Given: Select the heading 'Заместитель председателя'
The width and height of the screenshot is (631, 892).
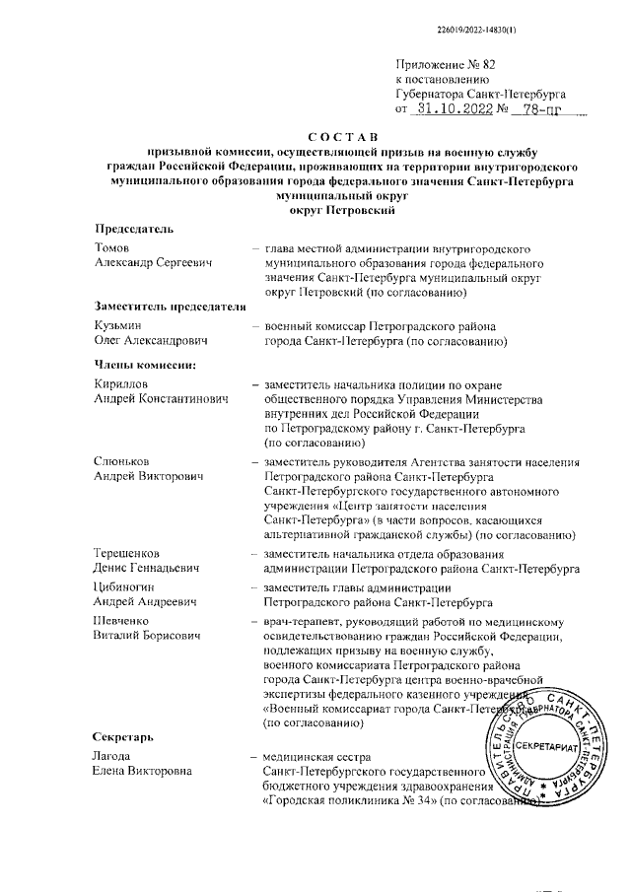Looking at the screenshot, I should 169,306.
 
